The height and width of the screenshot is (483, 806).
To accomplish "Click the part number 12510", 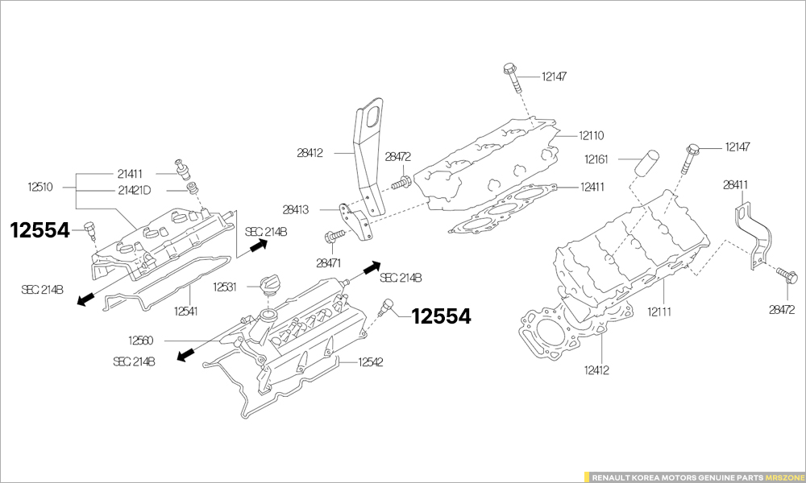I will (x=40, y=188).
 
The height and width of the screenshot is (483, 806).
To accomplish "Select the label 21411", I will (x=130, y=173).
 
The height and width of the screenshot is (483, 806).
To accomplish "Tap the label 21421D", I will (x=134, y=191).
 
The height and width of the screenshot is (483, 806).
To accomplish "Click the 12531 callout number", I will (x=224, y=287).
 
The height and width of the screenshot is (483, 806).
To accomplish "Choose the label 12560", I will (x=141, y=341).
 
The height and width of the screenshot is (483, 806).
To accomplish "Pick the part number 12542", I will (x=371, y=362).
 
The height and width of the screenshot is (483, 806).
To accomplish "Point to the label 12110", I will (x=591, y=135).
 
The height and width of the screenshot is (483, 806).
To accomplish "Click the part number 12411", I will (x=592, y=187).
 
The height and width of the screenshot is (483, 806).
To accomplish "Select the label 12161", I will (x=596, y=159).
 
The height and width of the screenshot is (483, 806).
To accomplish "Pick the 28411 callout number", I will (x=735, y=185).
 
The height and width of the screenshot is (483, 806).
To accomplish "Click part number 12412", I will (x=596, y=370).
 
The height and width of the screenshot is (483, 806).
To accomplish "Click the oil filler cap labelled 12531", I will (x=268, y=283).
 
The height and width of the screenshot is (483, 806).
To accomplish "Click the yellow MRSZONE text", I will (x=785, y=477).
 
